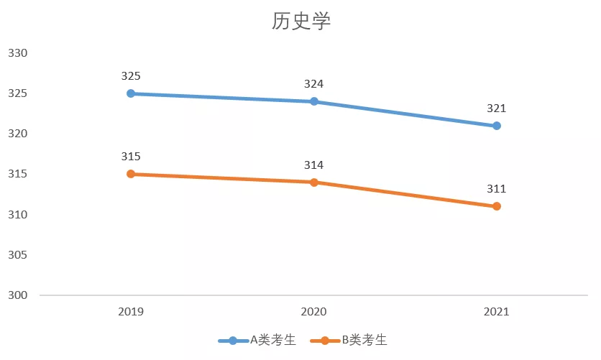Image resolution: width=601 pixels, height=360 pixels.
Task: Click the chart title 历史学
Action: [x=300, y=22]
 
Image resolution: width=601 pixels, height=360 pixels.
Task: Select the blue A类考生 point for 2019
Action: [x=131, y=93]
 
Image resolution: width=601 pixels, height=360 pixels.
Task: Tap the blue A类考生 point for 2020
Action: [x=314, y=101]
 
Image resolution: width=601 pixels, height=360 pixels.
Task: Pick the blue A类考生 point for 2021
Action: [x=497, y=126]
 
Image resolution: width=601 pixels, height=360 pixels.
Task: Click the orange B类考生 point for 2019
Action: [x=131, y=174]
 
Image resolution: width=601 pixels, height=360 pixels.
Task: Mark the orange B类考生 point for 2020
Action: [x=314, y=183]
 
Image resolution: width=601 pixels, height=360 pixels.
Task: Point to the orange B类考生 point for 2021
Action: [x=497, y=206]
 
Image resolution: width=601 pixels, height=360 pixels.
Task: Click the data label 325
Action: [x=131, y=75]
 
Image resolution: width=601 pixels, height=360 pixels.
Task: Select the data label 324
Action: [x=314, y=84]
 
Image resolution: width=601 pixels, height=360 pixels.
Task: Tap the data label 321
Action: [x=497, y=109]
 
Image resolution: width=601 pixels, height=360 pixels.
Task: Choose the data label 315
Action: [x=131, y=157]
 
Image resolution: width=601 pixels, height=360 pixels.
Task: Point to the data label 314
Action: [x=314, y=165]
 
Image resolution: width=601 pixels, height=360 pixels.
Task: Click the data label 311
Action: [x=497, y=189]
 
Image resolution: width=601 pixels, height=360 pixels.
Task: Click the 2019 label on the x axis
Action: [x=131, y=312]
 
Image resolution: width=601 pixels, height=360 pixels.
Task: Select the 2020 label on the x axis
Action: [x=314, y=312]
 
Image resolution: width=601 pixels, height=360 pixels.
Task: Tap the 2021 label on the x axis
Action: [x=497, y=312]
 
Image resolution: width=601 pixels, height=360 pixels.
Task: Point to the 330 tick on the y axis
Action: [x=17, y=53]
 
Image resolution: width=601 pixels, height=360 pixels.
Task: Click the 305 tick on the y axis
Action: [x=17, y=255]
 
